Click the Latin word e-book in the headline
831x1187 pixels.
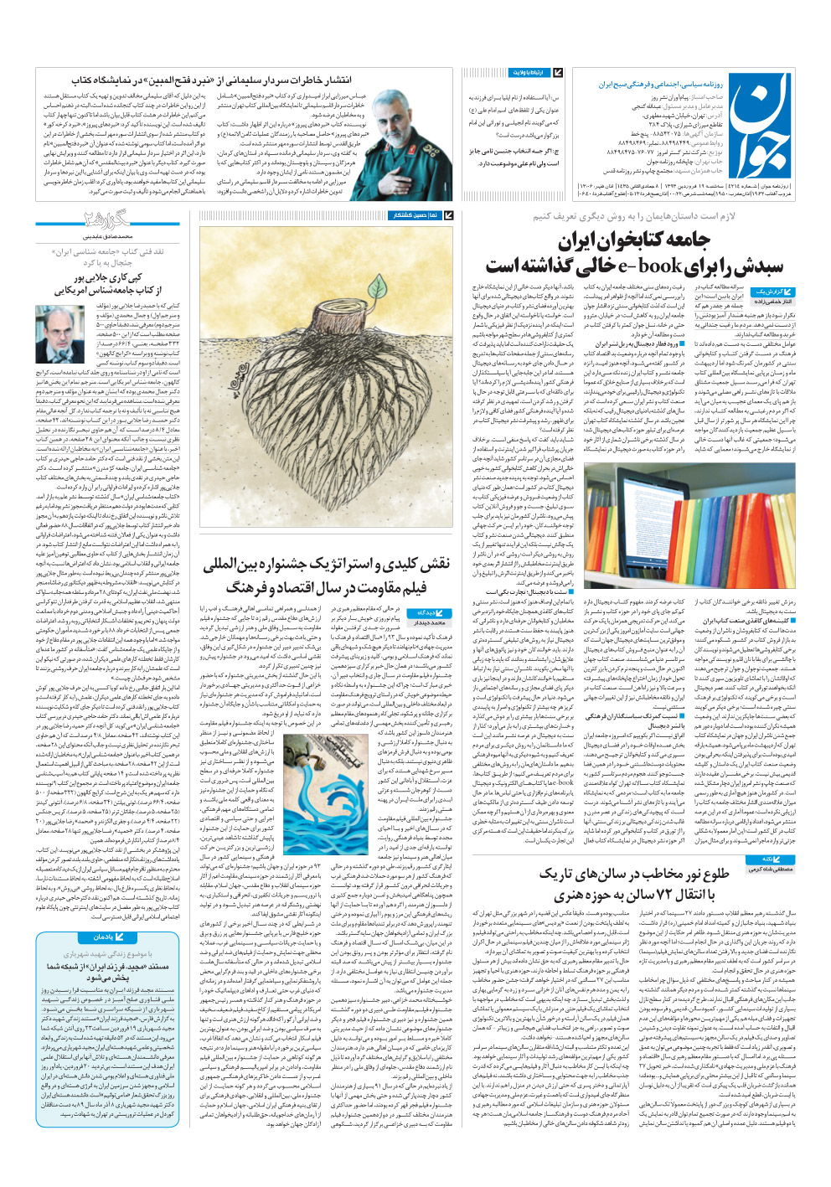point(649,267)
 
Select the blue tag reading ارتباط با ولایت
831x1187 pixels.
point(534,74)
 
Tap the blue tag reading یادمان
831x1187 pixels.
point(107,937)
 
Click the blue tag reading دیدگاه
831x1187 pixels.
point(429,612)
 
